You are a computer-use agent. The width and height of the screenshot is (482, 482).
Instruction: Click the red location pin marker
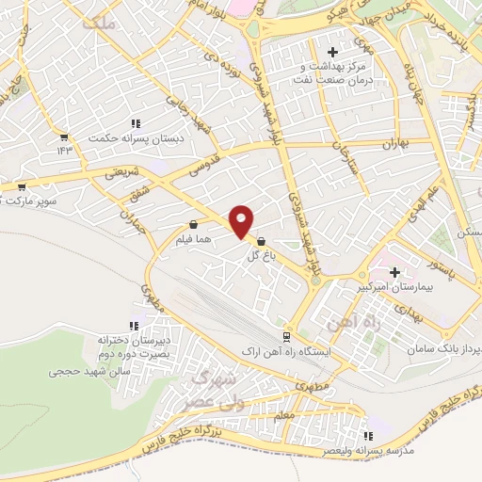[x=241, y=220]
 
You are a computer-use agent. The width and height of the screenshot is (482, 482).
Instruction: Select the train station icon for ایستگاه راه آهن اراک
[x=286, y=337]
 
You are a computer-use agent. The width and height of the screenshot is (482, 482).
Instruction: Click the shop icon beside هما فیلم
[x=193, y=225]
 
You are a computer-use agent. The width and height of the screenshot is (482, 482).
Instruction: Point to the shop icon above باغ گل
[x=261, y=241]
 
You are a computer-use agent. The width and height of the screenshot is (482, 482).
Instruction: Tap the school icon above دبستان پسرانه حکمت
[x=136, y=123]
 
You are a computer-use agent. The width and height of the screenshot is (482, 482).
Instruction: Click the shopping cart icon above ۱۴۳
[x=64, y=137]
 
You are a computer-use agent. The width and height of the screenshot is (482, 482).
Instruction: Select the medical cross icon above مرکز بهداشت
[x=330, y=52]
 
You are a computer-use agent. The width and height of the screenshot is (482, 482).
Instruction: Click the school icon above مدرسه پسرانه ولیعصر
[x=368, y=435]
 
